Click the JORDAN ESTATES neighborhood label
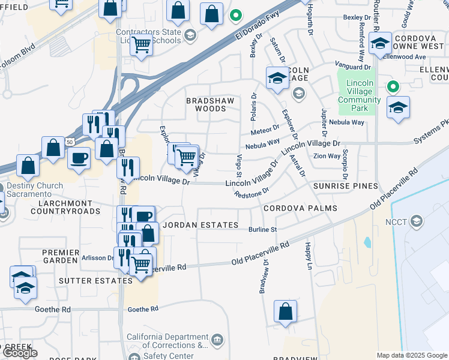pyautogui.click(x=200, y=225)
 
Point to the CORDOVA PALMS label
pyautogui.click(x=300, y=208)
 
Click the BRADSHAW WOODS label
pyautogui.click(x=206, y=104)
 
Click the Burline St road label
pyautogui.click(x=262, y=229)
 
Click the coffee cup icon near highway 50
pyautogui.click(x=79, y=158)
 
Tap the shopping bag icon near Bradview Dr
pyautogui.click(x=286, y=311)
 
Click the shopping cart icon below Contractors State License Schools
pyautogui.click(x=141, y=44)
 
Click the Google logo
pyautogui.click(x=20, y=353)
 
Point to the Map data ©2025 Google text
pyautogui.click(x=412, y=355)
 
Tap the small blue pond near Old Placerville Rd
pyautogui.click(x=367, y=243)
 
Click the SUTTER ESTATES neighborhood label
pyautogui.click(x=88, y=280)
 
